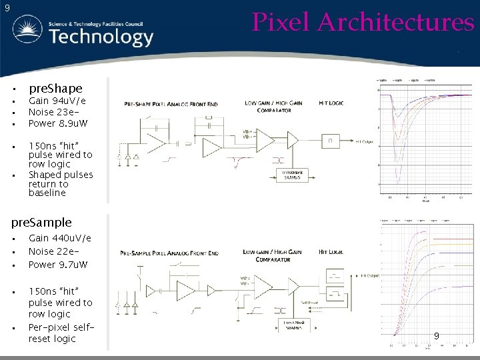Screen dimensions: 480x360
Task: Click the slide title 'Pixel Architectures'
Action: [x=363, y=22]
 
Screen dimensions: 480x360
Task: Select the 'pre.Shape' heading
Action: [x=55, y=88]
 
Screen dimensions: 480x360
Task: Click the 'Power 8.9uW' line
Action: [x=58, y=123]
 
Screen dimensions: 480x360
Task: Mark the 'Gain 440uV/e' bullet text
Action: [x=60, y=238]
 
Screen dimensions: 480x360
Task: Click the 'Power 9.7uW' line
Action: [x=58, y=264]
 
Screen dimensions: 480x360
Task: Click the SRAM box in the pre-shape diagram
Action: [x=291, y=174]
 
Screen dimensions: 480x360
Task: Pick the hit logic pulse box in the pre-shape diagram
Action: [x=329, y=141]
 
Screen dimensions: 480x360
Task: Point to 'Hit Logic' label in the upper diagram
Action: [x=331, y=103]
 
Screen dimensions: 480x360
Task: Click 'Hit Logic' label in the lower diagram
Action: [x=331, y=252]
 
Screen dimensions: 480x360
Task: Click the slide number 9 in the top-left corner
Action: [x=7, y=8]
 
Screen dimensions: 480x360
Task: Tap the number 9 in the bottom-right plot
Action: [x=436, y=336]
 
